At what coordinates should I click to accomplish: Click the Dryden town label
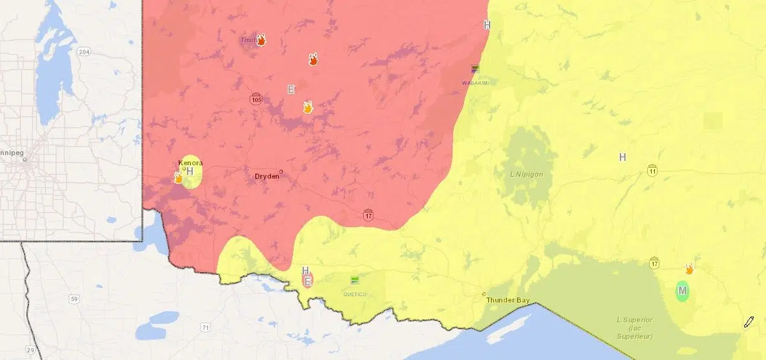(x=267, y=177)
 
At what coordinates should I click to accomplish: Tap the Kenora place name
(x=191, y=163)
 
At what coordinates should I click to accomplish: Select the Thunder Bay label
(x=507, y=299)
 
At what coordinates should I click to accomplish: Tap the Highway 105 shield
(x=256, y=99)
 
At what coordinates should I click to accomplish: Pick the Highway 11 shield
(x=652, y=170)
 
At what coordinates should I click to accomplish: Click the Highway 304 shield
(x=83, y=51)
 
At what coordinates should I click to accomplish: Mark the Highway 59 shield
(x=75, y=299)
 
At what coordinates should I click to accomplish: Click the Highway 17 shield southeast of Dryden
(x=368, y=215)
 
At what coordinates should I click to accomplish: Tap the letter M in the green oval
(x=682, y=291)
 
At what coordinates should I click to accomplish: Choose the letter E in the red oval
(x=308, y=280)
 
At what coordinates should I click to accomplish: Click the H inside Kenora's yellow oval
(x=190, y=172)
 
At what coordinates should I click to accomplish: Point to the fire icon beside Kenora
(x=179, y=177)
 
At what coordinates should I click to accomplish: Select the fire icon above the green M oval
(x=689, y=269)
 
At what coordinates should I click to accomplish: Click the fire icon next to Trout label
(x=261, y=40)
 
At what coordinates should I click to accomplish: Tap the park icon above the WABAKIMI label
(x=475, y=69)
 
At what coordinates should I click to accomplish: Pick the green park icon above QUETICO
(x=355, y=280)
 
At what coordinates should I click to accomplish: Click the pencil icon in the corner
(x=749, y=321)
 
